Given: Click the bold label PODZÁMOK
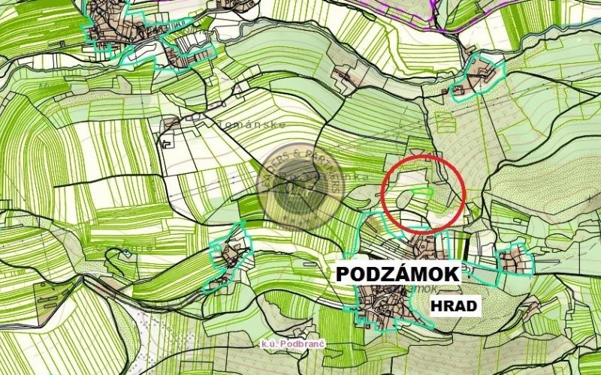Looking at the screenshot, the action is tap(397, 274).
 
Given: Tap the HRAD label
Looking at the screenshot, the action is tap(454, 306).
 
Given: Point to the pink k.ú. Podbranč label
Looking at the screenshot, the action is tap(292, 343).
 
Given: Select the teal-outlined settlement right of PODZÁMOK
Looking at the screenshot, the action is tap(515, 260).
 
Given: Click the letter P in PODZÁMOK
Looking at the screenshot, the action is tap(343, 274).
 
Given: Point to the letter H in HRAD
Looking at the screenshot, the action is tap(436, 306).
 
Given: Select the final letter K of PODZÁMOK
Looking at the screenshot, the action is tap(452, 274).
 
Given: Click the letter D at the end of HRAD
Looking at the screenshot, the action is tap(471, 306).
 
